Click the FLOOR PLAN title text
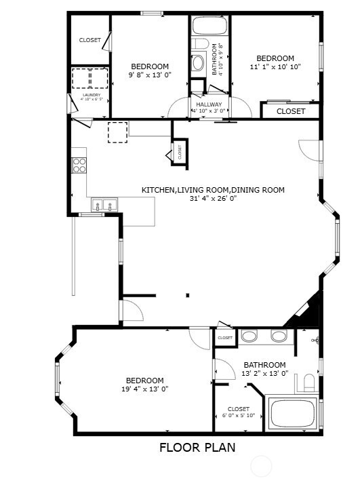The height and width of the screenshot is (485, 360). tap(197, 447)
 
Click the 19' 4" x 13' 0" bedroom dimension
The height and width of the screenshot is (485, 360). tap(145, 389)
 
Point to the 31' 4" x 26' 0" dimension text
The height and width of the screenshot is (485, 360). tap(212, 199)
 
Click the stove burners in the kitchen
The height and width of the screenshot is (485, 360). tap(79, 166)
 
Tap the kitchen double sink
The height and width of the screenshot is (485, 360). tap(104, 204)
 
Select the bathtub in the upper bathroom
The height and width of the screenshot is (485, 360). tap(209, 27)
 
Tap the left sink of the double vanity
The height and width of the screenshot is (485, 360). tap(249, 336)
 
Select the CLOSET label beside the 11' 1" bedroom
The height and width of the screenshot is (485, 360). tap(291, 111)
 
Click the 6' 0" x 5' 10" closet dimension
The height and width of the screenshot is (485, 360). tap(238, 415)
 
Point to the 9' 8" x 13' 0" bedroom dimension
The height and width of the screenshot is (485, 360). tap(149, 75)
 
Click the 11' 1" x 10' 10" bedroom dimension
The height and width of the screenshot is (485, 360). tap(275, 67)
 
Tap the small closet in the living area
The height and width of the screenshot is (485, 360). tap(180, 152)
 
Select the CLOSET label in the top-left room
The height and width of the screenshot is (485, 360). tap(89, 40)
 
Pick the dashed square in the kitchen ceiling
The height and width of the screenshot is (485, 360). tap(117, 132)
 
